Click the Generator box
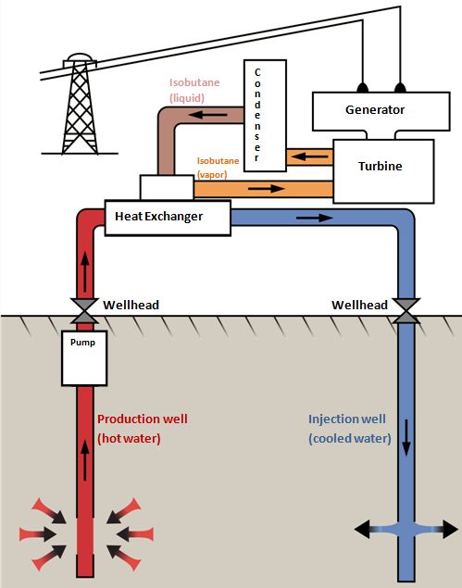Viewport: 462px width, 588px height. click(381, 111)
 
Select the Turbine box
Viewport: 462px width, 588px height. click(383, 171)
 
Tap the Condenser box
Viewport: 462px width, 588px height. click(265, 116)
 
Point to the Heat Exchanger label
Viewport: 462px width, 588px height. click(158, 217)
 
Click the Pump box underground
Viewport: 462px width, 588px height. click(84, 358)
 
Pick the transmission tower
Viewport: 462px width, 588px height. click(80, 104)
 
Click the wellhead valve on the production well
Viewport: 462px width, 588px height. click(85, 311)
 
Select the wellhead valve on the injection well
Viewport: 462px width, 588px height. click(406, 311)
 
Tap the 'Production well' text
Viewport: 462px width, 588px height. click(143, 419)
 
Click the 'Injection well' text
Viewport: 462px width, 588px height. click(347, 419)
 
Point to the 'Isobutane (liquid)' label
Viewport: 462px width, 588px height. click(194, 90)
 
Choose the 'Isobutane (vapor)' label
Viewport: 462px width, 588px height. click(218, 168)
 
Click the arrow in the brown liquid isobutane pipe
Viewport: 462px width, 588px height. click(207, 115)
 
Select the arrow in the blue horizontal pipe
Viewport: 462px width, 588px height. click(314, 218)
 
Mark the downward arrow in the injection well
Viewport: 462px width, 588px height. click(406, 438)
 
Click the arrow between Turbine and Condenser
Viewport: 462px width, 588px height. click(309, 156)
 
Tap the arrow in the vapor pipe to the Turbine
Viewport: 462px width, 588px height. click(267, 188)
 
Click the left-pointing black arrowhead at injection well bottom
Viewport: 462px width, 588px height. click(363, 529)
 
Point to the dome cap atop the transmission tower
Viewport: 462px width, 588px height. click(80, 57)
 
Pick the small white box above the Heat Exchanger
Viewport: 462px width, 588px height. click(167, 187)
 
